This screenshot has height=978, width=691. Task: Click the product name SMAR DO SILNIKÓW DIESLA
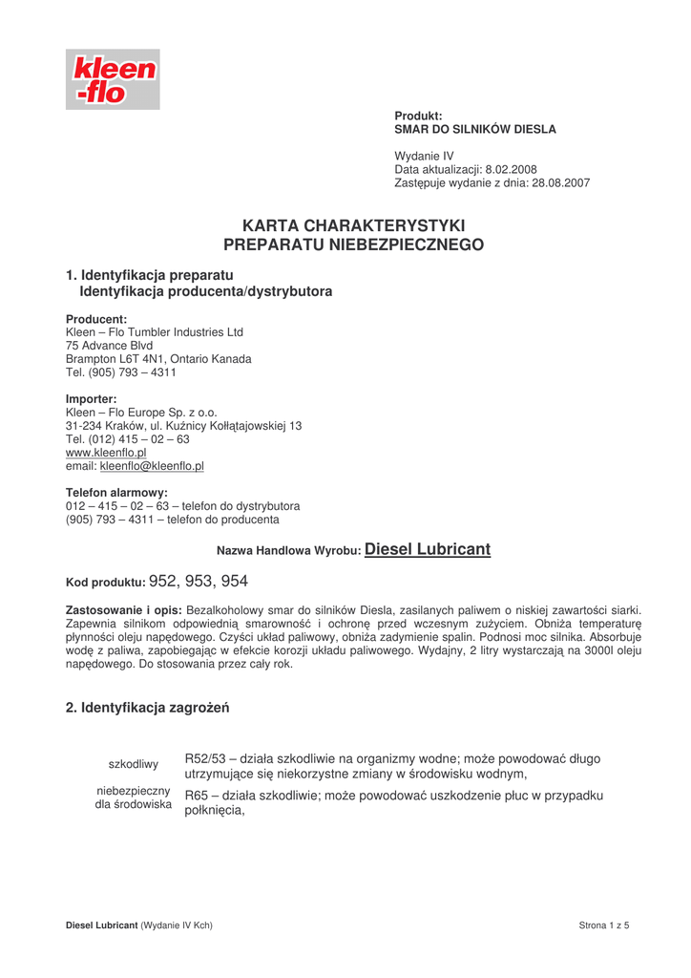475,128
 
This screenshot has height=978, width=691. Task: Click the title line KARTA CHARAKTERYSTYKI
353,226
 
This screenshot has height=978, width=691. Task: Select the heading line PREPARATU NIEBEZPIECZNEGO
353,245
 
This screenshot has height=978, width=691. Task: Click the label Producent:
96,318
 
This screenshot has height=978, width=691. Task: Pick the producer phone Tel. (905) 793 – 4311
120,372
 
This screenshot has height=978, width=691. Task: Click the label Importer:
92,398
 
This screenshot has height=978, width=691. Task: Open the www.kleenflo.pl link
105,452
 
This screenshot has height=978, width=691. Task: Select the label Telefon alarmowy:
116,492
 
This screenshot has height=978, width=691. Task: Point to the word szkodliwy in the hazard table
134,764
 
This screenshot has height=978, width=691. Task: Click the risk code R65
197,796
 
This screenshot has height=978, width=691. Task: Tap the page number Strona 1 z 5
604,925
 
